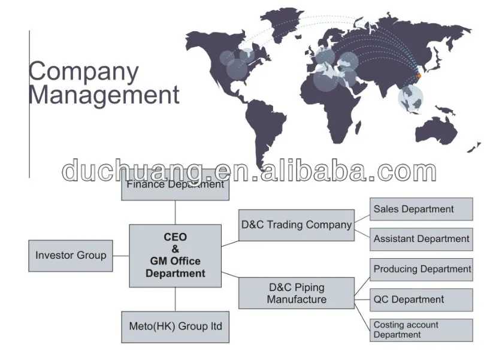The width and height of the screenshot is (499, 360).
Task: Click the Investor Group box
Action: click(71, 256)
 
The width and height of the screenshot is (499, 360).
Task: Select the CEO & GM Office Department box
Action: click(175, 256)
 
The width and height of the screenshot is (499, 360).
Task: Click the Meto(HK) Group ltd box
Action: click(175, 326)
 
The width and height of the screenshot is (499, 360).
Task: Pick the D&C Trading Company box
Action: click(296, 225)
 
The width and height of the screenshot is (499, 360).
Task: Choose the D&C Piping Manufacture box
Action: click(296, 293)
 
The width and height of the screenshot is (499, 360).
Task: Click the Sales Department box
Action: click(421, 209)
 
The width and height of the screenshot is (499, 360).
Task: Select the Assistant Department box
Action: click(421, 239)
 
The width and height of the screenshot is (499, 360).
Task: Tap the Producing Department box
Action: click(421, 270)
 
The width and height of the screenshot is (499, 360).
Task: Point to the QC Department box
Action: click(421, 300)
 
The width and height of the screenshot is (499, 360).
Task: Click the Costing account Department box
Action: click(421, 330)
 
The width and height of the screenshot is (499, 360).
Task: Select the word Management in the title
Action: click(104, 95)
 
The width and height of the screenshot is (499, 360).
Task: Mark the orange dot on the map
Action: click(419, 76)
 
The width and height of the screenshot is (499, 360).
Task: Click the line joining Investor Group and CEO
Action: click(121, 256)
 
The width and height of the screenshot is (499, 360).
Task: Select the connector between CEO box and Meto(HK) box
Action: click(175, 299)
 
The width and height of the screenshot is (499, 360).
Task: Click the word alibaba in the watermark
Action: click(311, 172)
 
